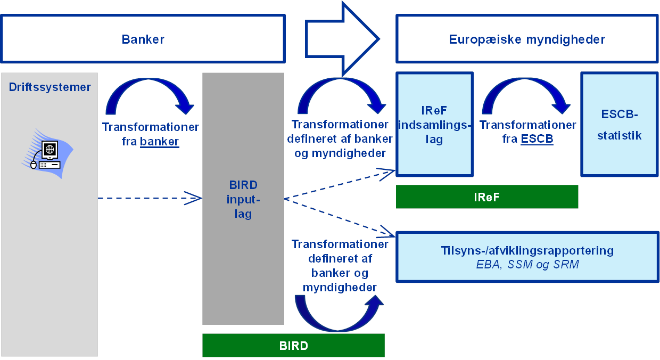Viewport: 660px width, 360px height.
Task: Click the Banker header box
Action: (x=143, y=39)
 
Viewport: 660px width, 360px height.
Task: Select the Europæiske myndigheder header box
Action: (x=526, y=39)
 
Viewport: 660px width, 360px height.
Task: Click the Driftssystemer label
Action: (x=49, y=87)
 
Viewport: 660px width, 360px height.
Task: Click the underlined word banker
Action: (x=159, y=142)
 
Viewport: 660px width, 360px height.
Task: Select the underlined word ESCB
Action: (x=537, y=139)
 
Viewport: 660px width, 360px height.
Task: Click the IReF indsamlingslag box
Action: (x=434, y=125)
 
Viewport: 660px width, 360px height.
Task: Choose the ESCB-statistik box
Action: (x=619, y=125)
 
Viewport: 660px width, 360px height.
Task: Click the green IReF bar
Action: (x=486, y=197)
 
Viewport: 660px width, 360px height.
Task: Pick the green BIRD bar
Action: (x=293, y=346)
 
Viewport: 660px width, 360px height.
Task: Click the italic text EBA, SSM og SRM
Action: (x=527, y=264)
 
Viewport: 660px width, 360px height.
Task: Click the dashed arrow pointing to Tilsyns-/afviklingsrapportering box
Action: (x=341, y=217)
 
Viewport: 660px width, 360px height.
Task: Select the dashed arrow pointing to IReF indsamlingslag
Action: (x=341, y=184)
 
